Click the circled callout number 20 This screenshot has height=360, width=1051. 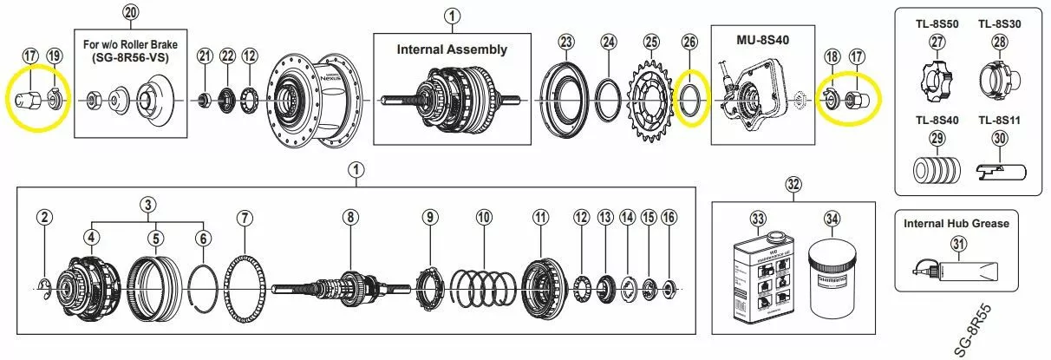coord(130,12)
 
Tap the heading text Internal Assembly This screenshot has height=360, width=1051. coord(452,49)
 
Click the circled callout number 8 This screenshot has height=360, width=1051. coord(350,217)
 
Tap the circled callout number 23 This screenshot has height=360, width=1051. coord(566,42)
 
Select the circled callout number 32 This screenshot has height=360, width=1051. coord(793,184)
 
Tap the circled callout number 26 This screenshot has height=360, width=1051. coord(689,42)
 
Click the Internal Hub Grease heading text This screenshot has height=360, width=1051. coord(956,223)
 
